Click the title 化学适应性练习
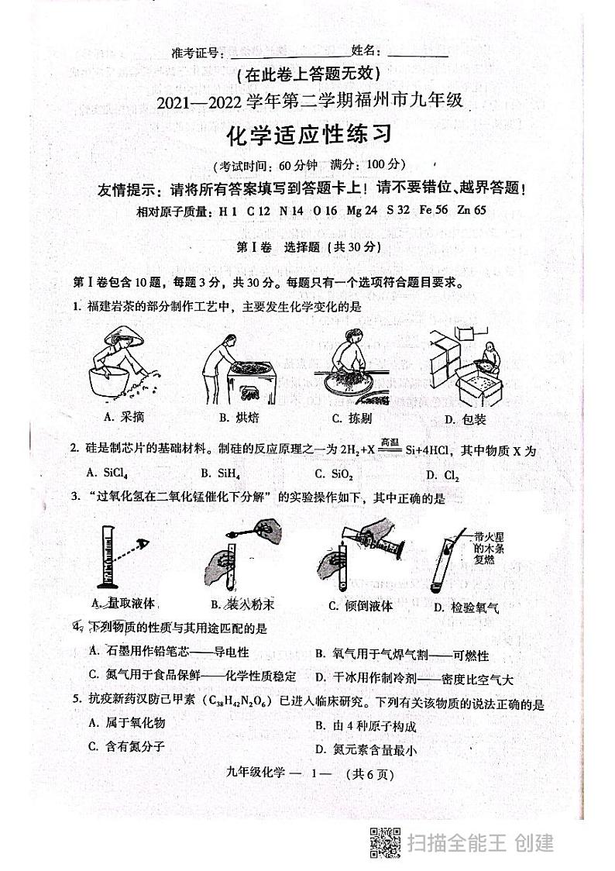point(308,135)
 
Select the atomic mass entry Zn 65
point(472,209)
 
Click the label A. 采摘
point(123,418)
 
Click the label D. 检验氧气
point(466,608)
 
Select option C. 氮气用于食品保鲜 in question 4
point(191,676)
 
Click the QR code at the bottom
point(384,842)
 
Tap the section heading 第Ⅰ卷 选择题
point(308,247)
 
